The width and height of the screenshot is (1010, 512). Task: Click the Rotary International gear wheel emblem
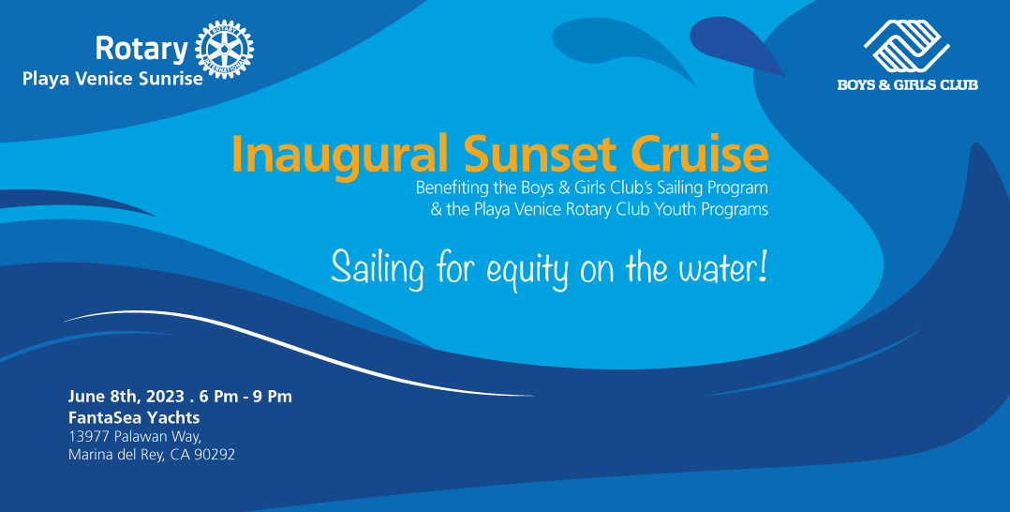tap(224, 49)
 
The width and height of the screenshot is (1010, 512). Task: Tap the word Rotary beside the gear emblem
tap(141, 49)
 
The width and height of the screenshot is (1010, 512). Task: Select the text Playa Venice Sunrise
tap(112, 80)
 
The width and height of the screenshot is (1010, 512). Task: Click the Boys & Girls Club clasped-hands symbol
tap(906, 46)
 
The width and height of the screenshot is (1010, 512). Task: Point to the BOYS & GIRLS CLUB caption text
tap(907, 84)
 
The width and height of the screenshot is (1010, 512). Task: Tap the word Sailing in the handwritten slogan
tap(378, 267)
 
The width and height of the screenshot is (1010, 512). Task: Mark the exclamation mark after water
tap(763, 265)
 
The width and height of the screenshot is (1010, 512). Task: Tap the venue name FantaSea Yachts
tap(134, 417)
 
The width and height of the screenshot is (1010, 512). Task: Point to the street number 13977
tap(89, 436)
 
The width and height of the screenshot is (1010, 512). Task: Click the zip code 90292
tap(215, 455)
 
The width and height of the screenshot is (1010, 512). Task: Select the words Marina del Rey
tap(116, 455)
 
